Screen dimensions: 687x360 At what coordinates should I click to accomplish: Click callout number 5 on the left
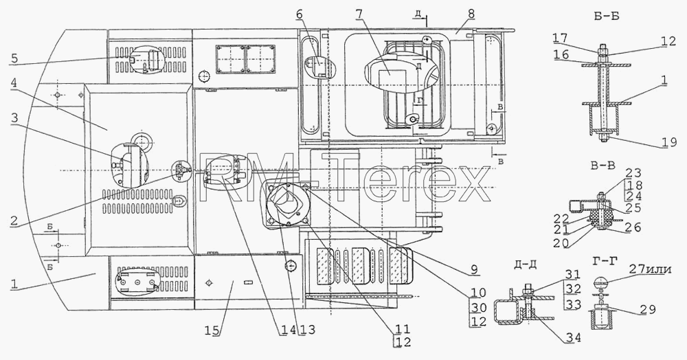[14, 58]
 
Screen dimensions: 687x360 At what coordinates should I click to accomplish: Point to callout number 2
[14, 221]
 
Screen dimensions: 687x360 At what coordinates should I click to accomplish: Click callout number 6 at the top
[300, 14]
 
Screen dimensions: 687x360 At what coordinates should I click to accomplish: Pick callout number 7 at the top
[359, 14]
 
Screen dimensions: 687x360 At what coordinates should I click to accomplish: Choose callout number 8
[471, 14]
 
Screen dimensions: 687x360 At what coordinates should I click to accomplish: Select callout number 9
[475, 270]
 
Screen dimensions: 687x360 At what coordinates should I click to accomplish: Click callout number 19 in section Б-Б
[669, 142]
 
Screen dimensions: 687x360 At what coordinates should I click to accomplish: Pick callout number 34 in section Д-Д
[573, 337]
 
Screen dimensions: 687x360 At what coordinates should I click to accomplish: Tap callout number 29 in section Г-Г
[648, 310]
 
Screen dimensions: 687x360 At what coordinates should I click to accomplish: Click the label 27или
[650, 269]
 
